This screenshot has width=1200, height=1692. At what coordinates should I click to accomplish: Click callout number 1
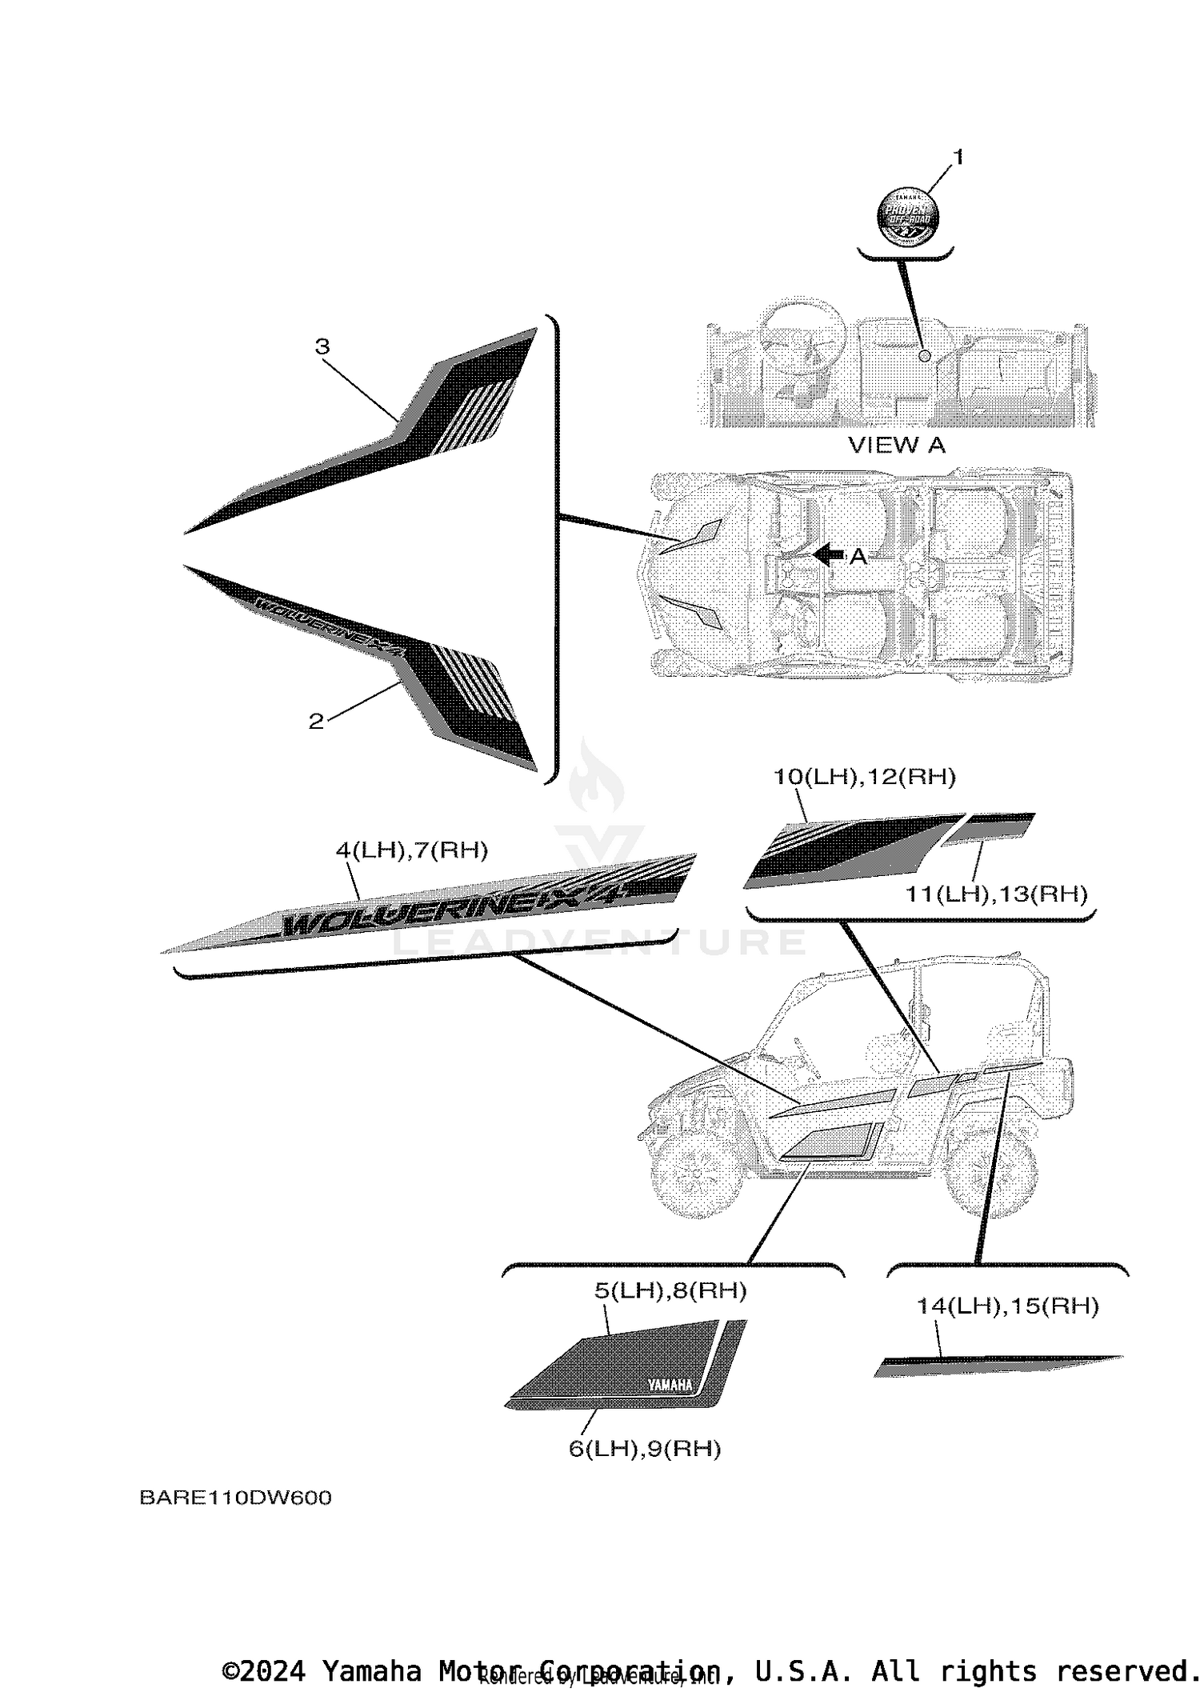pos(958,158)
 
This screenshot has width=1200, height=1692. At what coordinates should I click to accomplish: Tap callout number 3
pos(322,346)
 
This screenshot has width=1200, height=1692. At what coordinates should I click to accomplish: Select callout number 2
pos(317,721)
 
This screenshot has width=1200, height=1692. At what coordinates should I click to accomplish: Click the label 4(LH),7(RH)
pos(411,850)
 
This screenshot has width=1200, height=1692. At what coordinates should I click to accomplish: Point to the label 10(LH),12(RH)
pos(864,776)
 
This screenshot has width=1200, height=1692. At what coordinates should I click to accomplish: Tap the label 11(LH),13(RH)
pos(996,894)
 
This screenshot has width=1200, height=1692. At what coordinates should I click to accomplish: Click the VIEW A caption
pos(896,445)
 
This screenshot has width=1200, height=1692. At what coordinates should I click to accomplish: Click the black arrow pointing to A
pos(828,554)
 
